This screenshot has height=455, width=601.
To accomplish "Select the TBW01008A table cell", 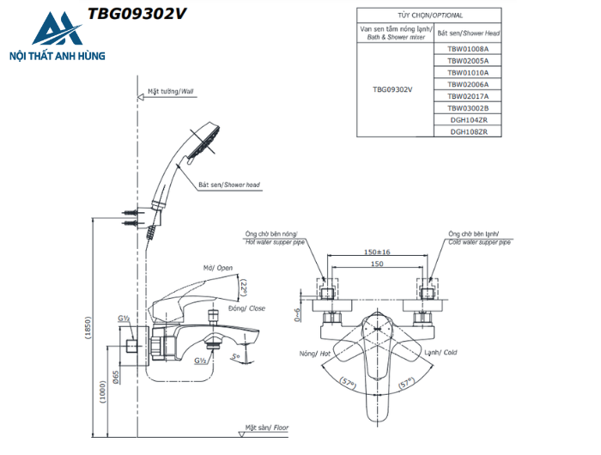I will (x=468, y=49).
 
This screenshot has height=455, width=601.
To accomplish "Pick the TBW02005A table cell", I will (x=468, y=61).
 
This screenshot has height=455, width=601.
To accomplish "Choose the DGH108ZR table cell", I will (x=468, y=131).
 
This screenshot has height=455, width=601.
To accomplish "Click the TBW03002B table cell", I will (x=468, y=108).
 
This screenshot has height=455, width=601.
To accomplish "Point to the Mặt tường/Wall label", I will (x=170, y=90).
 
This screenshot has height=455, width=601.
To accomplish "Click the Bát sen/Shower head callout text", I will (x=228, y=185).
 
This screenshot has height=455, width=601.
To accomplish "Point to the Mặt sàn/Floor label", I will (x=266, y=427).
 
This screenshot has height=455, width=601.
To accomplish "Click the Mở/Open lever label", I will (x=218, y=268).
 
